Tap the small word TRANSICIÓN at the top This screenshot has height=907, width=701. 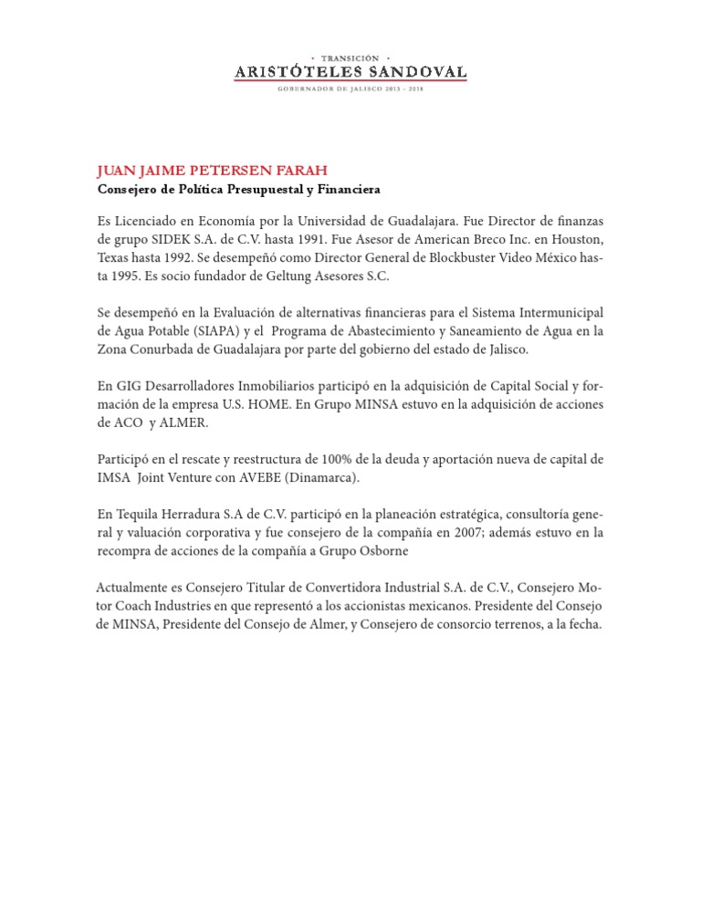(350, 57)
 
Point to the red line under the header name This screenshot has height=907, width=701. (350, 80)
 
